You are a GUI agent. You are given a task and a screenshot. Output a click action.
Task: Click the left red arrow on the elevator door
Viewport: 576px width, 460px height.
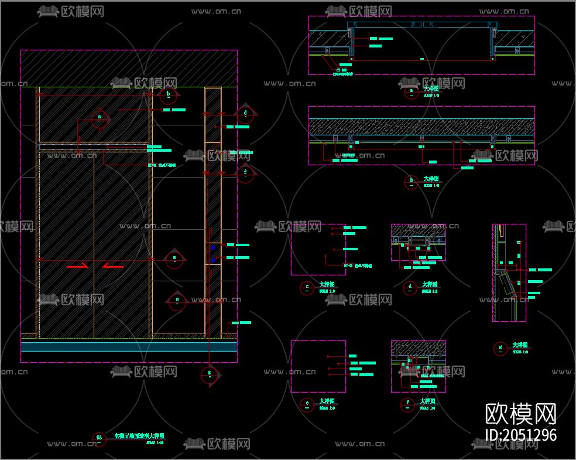[77, 266]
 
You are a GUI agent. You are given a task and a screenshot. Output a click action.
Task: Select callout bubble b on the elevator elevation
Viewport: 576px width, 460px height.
[169, 94]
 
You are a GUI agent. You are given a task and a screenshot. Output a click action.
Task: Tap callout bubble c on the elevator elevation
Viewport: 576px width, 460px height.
[100, 118]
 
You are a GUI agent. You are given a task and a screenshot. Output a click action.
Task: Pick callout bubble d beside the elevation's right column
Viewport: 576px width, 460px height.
[245, 113]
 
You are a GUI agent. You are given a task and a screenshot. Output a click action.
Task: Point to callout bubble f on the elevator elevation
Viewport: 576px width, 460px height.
[245, 173]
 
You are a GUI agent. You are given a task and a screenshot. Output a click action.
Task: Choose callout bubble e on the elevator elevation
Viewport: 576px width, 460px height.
[176, 301]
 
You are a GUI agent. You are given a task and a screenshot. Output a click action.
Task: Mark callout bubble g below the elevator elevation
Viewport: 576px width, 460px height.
[210, 374]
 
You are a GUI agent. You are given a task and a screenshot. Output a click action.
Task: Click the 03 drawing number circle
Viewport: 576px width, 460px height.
[99, 438]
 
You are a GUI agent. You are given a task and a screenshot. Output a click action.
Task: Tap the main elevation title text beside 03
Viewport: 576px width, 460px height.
[139, 436]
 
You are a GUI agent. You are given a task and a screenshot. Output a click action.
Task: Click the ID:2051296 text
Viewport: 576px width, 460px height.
[521, 435]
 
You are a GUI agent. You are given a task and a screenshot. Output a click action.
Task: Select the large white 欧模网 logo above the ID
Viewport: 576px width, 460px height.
[521, 414]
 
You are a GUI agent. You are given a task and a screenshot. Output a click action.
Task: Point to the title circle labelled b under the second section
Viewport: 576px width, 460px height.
[411, 182]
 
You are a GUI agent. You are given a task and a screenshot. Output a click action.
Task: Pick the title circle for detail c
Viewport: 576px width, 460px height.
[307, 288]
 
